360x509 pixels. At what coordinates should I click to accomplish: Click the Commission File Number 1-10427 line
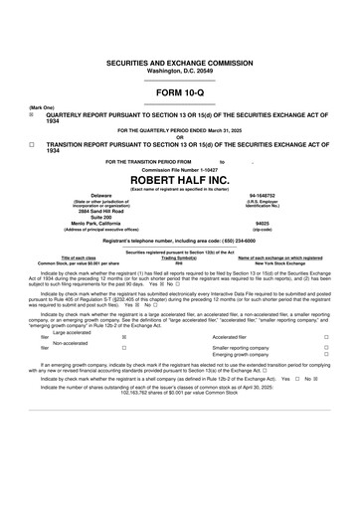[x=179, y=167]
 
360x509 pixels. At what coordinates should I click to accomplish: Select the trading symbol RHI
[x=179, y=262]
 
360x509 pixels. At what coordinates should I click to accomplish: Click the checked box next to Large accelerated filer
[x=123, y=338]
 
